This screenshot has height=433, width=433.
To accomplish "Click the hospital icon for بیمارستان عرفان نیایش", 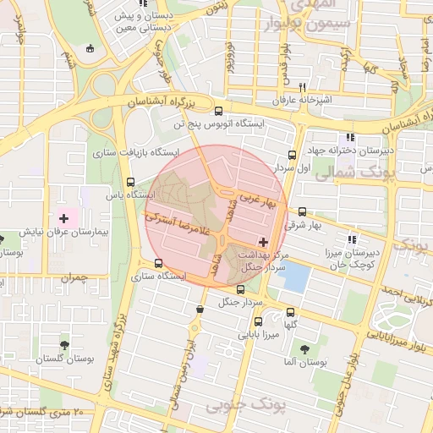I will [x=63, y=218].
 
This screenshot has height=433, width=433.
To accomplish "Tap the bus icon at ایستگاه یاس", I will [x=129, y=181].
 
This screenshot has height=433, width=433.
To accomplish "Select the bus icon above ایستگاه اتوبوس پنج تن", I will [x=219, y=111].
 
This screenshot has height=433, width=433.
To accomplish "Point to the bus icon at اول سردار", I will [x=292, y=156].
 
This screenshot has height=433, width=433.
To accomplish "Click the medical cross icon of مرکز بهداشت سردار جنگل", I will [x=263, y=242].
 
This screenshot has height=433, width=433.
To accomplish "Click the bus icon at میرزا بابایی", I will [x=258, y=321].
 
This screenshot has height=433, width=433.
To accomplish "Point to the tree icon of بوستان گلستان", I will [x=64, y=345].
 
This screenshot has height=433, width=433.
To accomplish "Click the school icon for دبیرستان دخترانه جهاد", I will [x=348, y=139].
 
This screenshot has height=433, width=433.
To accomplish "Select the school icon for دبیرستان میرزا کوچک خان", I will [x=351, y=239].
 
